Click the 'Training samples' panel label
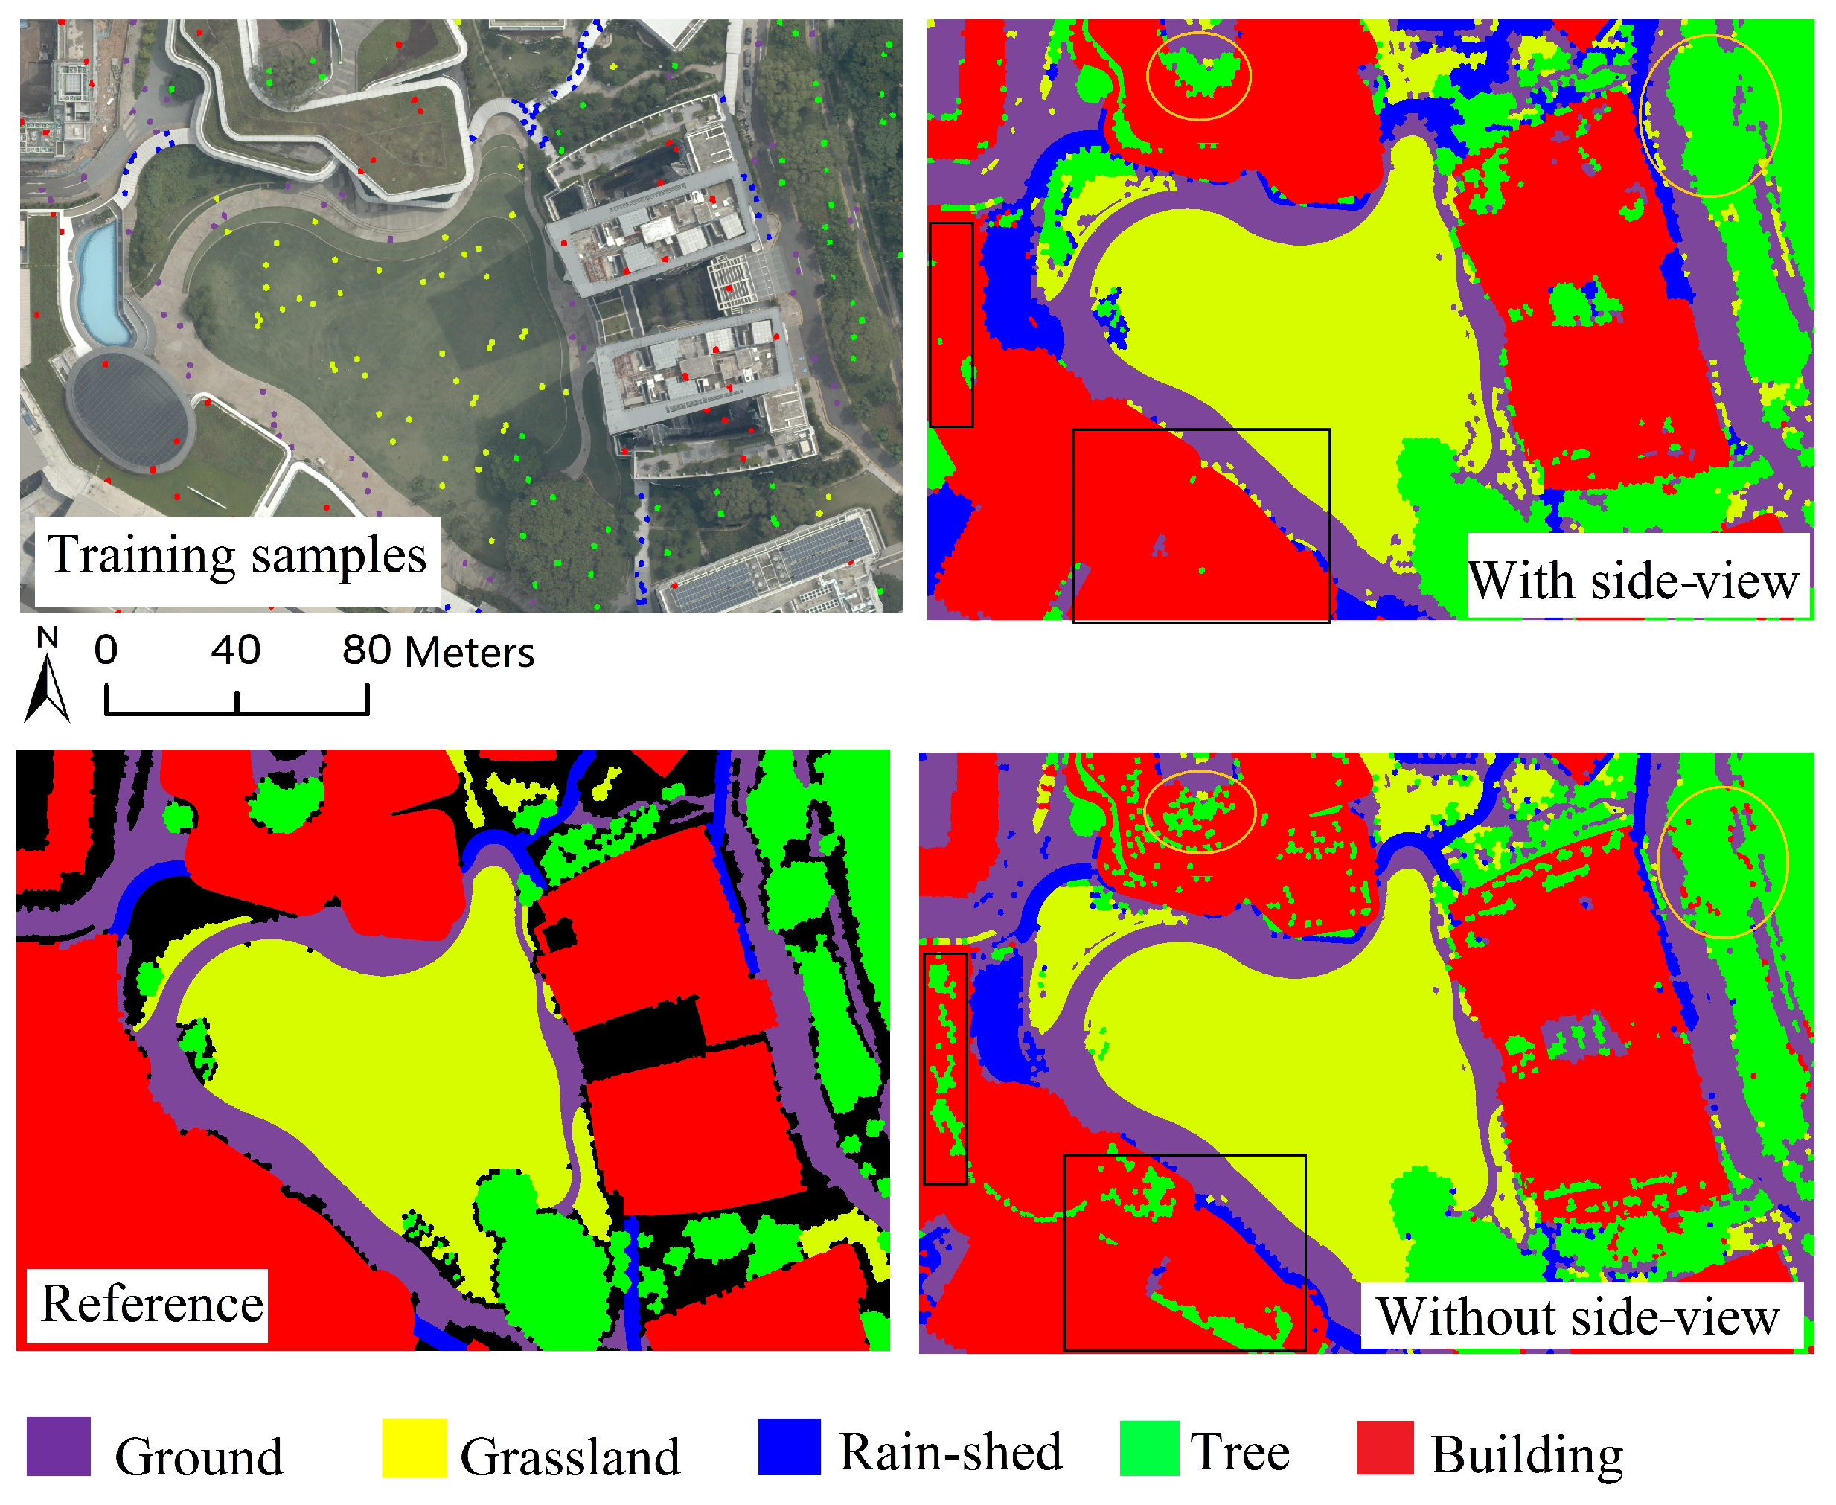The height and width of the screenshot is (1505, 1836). (237, 556)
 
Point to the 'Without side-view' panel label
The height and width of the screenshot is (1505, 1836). (1578, 1317)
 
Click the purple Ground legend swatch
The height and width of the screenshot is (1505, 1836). (59, 1446)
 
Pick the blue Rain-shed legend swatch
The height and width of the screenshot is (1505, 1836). (789, 1446)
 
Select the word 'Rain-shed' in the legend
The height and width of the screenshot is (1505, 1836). (950, 1452)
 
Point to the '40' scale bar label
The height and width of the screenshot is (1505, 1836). (236, 651)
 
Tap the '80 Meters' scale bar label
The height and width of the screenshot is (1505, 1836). (438, 652)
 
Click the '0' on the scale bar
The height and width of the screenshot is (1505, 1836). (106, 651)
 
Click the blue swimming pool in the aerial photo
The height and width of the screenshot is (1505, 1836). (100, 282)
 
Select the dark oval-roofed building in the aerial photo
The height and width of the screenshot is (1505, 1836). (128, 412)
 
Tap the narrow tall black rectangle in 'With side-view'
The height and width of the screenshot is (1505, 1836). (951, 325)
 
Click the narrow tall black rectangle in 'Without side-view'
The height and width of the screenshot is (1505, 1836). (945, 1068)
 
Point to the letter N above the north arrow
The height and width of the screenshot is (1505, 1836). (48, 638)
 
